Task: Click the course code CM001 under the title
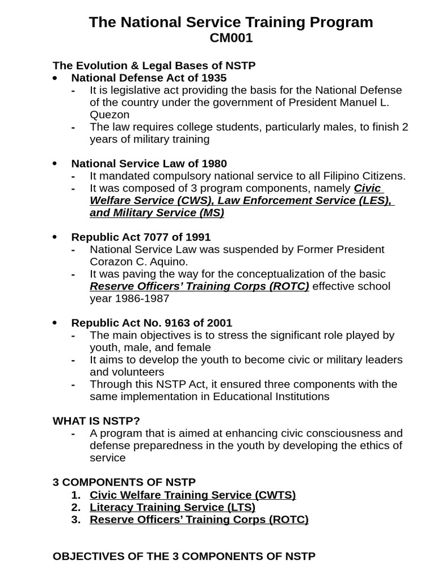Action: [x=231, y=38]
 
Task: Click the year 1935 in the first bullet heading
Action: [x=214, y=78]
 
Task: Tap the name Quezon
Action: [x=109, y=114]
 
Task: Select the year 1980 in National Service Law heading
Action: [x=214, y=164]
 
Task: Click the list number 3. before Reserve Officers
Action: [x=76, y=520]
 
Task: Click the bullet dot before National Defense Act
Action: [x=55, y=78]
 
